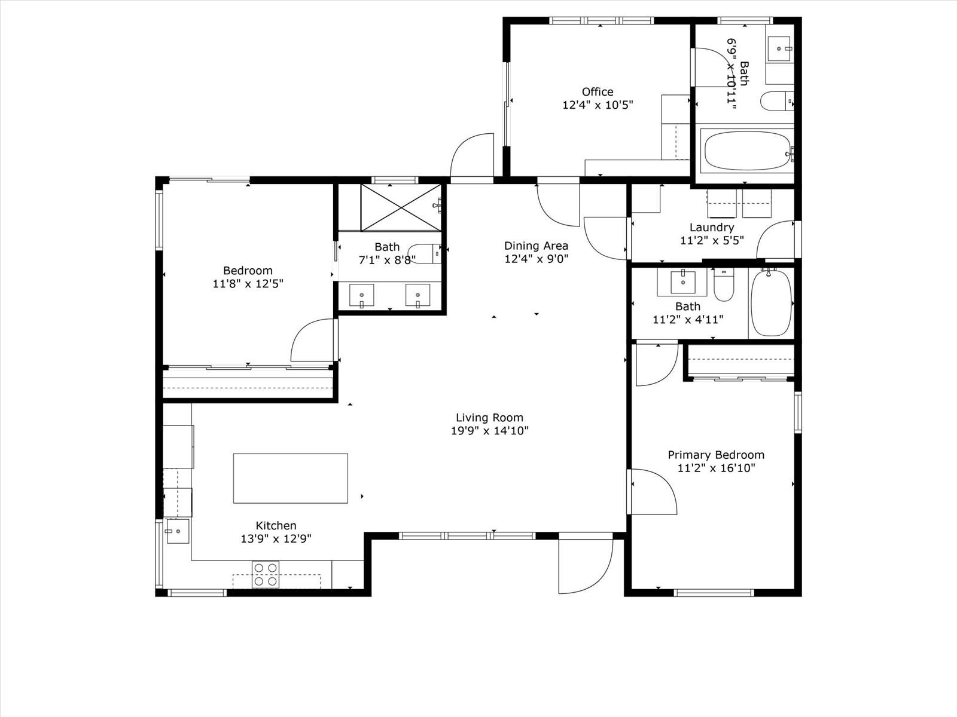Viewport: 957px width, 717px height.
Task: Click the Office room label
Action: pyautogui.click(x=598, y=92)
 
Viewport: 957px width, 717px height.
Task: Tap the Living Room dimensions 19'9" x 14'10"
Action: pyautogui.click(x=490, y=431)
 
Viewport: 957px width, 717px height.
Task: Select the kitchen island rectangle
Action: pyautogui.click(x=290, y=478)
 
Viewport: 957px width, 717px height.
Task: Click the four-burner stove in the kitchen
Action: pyautogui.click(x=266, y=575)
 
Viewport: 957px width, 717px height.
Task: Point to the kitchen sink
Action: pyautogui.click(x=177, y=531)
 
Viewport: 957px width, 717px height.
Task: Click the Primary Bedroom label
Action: pyautogui.click(x=716, y=455)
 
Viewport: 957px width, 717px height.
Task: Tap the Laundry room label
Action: pyautogui.click(x=712, y=227)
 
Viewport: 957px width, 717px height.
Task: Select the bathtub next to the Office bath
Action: pyautogui.click(x=747, y=151)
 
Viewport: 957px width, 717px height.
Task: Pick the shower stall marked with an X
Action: pyautogui.click(x=401, y=208)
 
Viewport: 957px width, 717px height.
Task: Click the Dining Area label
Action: pyautogui.click(x=536, y=246)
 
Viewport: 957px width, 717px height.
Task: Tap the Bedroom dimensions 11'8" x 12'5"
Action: pyautogui.click(x=248, y=284)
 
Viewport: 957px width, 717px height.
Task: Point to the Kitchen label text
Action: pyautogui.click(x=276, y=525)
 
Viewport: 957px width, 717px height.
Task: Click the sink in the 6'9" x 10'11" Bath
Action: pyautogui.click(x=779, y=49)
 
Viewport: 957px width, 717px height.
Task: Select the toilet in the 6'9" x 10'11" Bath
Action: pyautogui.click(x=777, y=102)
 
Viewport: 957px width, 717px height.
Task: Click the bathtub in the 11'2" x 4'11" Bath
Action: pyautogui.click(x=771, y=303)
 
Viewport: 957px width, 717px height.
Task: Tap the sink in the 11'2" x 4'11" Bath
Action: pyautogui.click(x=683, y=281)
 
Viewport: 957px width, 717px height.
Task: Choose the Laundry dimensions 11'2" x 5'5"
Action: pyautogui.click(x=712, y=240)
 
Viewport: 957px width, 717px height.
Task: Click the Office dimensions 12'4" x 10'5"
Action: pyautogui.click(x=598, y=105)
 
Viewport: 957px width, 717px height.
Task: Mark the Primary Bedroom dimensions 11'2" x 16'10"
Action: pyautogui.click(x=716, y=468)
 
